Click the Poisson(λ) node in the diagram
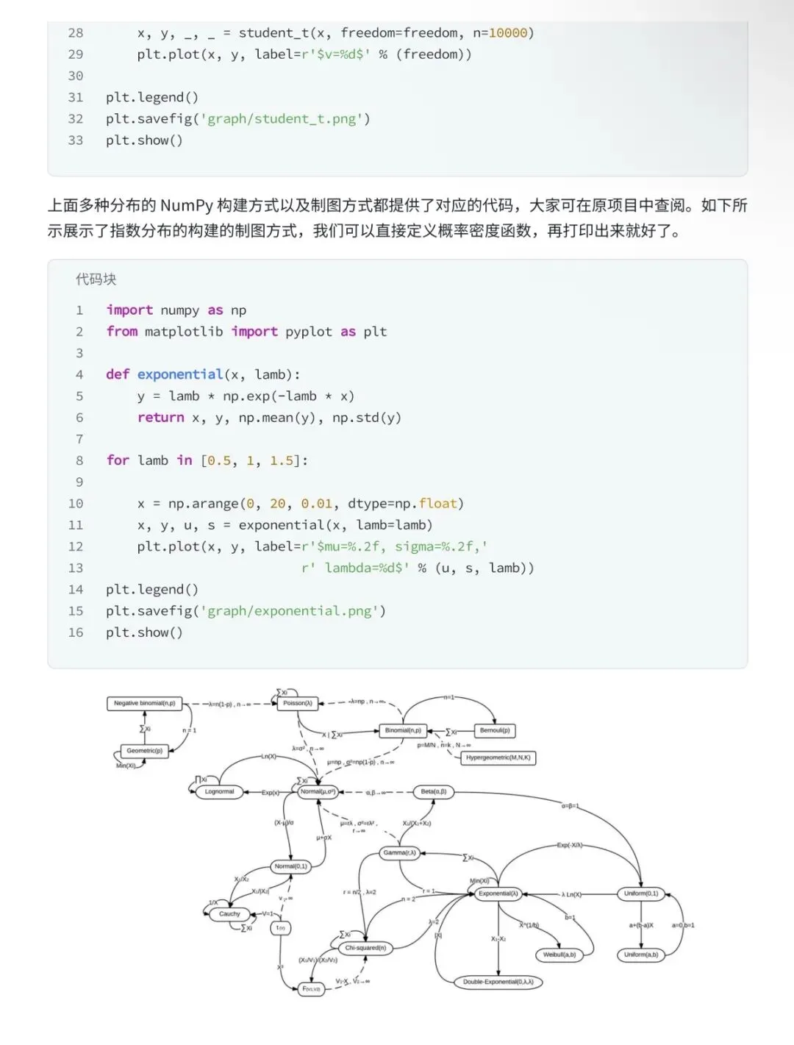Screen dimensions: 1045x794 pyautogui.click(x=298, y=703)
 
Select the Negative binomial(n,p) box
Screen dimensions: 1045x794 pyautogui.click(x=145, y=703)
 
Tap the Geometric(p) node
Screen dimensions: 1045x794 pyautogui.click(x=144, y=751)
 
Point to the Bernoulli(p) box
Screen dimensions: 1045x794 pyautogui.click(x=495, y=730)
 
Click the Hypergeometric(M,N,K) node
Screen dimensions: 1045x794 pyautogui.click(x=498, y=757)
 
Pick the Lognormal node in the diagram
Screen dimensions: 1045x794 pyautogui.click(x=219, y=791)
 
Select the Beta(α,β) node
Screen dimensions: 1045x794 pyautogui.click(x=433, y=791)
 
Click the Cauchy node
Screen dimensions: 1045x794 pyautogui.click(x=229, y=913)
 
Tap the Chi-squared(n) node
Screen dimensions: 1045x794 pyautogui.click(x=365, y=948)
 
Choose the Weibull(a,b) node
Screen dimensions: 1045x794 pyautogui.click(x=559, y=955)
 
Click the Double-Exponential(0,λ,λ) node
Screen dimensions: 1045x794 pyautogui.click(x=498, y=982)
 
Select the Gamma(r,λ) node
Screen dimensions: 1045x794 pyautogui.click(x=399, y=852)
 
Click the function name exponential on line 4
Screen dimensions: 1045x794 pyautogui.click(x=179, y=374)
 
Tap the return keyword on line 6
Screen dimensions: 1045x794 pyautogui.click(x=160, y=417)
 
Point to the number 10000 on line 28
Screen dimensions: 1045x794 pyautogui.click(x=508, y=32)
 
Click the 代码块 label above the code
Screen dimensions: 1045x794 pyautogui.click(x=96, y=279)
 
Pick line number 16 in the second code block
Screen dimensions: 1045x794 pyautogui.click(x=76, y=632)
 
